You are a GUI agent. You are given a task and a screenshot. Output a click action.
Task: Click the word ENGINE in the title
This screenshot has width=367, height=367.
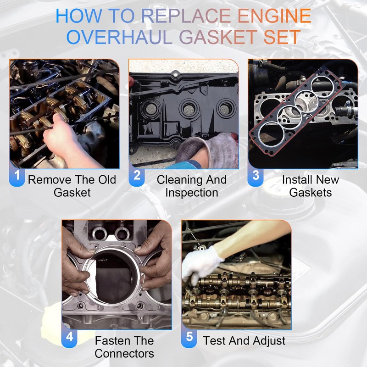tap(274, 16)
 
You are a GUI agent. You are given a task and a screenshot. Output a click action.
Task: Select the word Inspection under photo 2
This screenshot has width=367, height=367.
tap(192, 193)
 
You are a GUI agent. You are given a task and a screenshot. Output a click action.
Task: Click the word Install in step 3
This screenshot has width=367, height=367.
tap(295, 180)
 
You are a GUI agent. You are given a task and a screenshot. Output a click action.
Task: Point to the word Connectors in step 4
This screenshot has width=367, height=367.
tap(124, 353)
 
